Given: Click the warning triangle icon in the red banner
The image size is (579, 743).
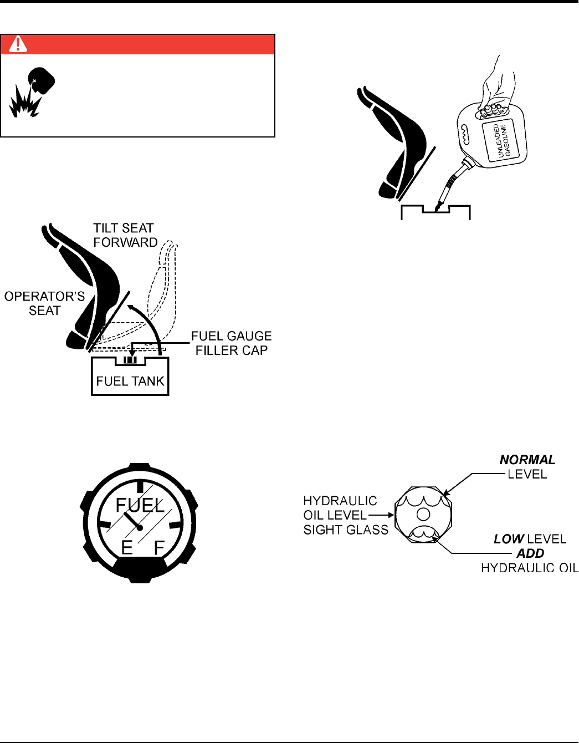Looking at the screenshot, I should (x=18, y=44).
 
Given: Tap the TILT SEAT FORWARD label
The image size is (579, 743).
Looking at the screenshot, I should (x=125, y=235).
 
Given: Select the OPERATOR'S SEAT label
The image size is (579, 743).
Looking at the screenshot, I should (x=44, y=303).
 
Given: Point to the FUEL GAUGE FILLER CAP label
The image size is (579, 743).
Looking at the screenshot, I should (x=231, y=343).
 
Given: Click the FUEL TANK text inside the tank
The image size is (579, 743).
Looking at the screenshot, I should (x=130, y=381).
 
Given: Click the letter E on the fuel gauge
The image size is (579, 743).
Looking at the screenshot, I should (x=127, y=547).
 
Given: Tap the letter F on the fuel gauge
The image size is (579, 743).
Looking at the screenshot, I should (x=159, y=548).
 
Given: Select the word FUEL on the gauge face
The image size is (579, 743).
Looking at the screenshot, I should (x=140, y=505).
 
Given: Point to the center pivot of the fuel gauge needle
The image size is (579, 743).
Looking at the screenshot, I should (x=140, y=527).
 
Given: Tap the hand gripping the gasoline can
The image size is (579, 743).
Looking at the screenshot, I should (x=496, y=89).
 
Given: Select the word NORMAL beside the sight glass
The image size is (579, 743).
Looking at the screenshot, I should (x=527, y=460).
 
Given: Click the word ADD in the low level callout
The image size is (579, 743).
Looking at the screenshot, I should (x=530, y=553).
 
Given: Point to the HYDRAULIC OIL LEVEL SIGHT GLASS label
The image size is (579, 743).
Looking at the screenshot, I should (x=345, y=515).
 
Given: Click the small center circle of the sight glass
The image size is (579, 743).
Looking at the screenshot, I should (x=423, y=514).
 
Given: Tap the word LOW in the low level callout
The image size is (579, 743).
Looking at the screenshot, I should (x=509, y=539).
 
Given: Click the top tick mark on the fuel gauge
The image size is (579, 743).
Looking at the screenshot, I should (x=140, y=486).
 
